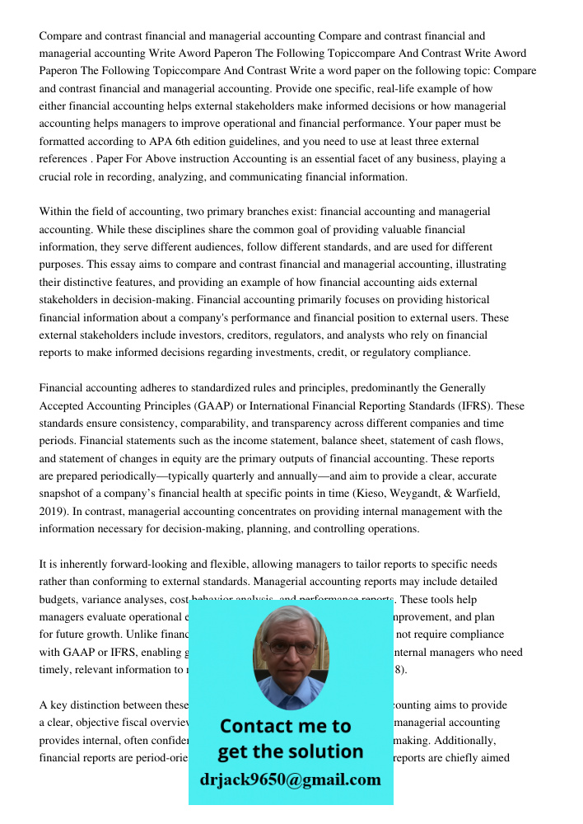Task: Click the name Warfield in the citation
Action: tap(477, 494)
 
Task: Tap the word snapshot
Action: tap(63, 494)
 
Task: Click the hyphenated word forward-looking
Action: tap(138, 564)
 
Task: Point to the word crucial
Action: tap(58, 176)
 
